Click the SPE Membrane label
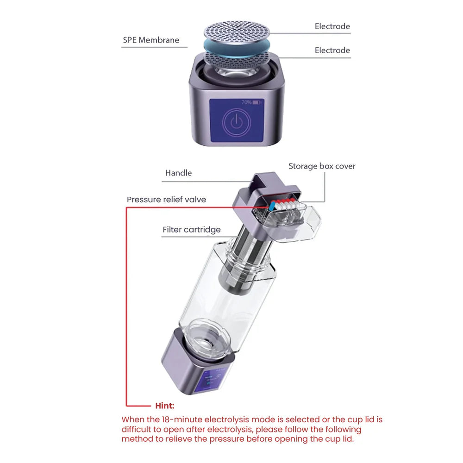click(x=150, y=40)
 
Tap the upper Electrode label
click(x=332, y=26)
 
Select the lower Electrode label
click(x=332, y=50)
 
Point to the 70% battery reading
click(x=246, y=102)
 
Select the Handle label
click(x=178, y=173)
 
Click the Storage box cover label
click(x=322, y=166)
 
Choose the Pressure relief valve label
click(x=166, y=200)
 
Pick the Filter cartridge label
click(x=192, y=230)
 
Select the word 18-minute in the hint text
click(x=175, y=420)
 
